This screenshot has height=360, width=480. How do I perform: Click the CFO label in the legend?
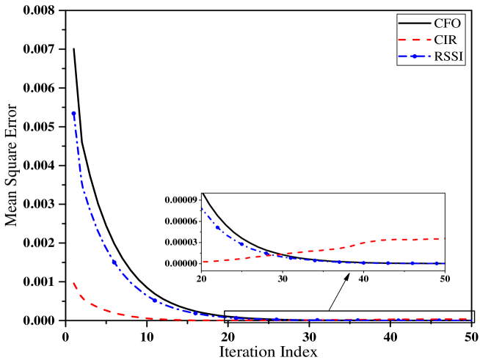[x=447, y=24]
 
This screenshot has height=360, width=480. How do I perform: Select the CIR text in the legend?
[x=445, y=40]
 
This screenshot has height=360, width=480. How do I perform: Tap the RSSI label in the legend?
[x=448, y=56]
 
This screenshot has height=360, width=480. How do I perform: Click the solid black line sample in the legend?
[x=414, y=24]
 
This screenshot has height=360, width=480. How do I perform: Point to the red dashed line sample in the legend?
[x=414, y=40]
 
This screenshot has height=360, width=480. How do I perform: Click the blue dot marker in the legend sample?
[x=414, y=56]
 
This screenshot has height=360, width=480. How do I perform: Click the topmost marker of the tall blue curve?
[x=73, y=114]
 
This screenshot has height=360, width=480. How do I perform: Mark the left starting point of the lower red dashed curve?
[x=73, y=283]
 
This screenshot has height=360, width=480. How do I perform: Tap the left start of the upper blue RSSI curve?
[x=203, y=209]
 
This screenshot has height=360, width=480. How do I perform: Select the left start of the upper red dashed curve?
[x=203, y=262]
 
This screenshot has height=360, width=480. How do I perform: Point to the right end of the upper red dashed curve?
[x=444, y=238]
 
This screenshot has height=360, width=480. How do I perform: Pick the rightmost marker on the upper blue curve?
[x=437, y=263]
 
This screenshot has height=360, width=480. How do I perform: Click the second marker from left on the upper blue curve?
[x=218, y=227]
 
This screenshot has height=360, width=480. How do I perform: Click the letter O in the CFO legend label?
[x=456, y=24]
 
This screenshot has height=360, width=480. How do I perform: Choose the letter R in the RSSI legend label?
[x=438, y=56]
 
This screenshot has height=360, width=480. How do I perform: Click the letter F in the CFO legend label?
[x=447, y=24]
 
